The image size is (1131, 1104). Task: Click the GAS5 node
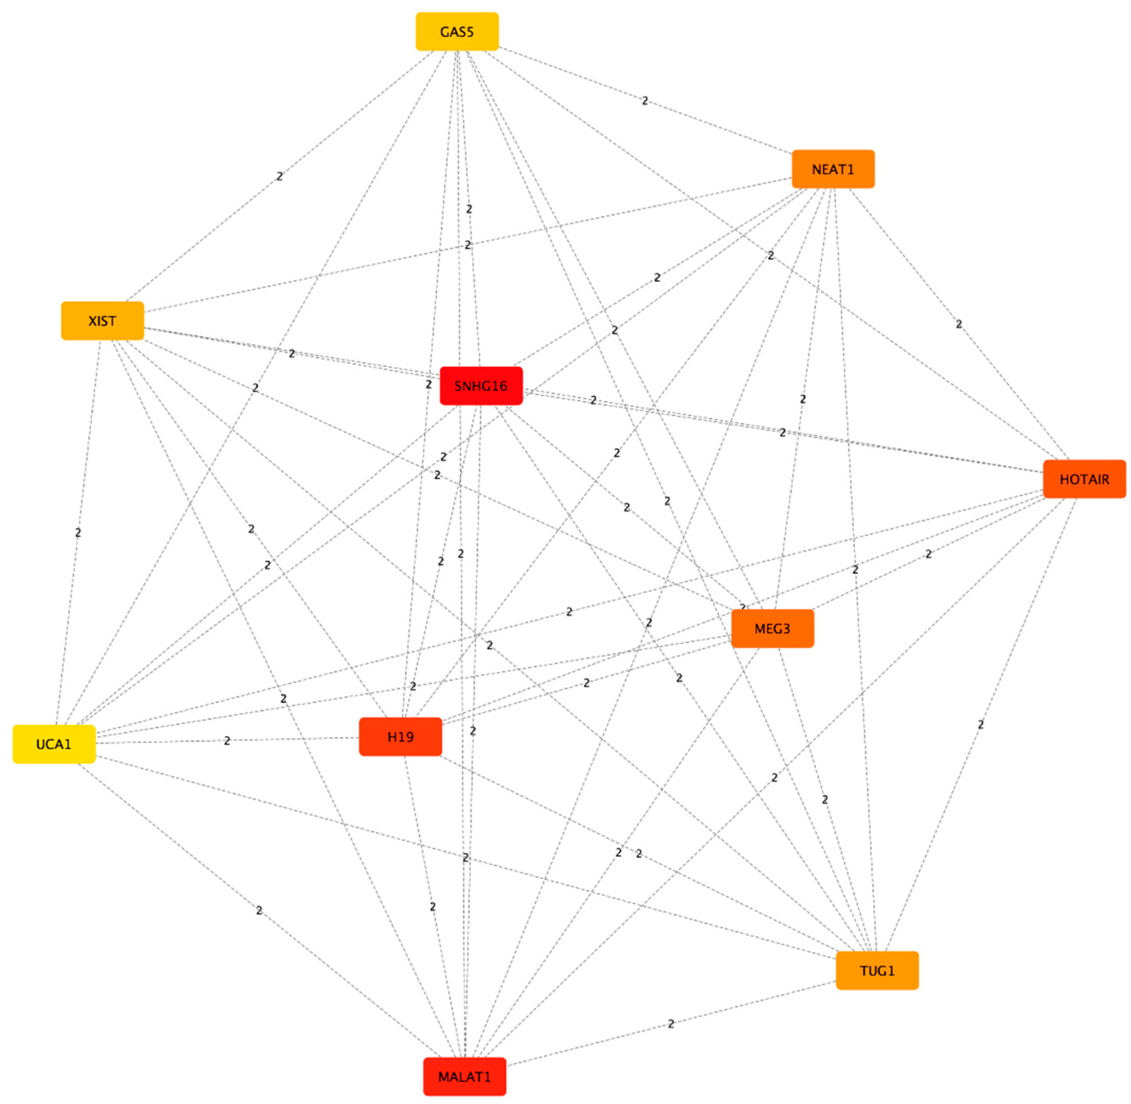click(x=457, y=31)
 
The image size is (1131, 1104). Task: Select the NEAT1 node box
click(x=833, y=169)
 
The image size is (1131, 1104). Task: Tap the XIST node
click(x=102, y=321)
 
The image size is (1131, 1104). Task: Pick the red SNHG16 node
click(x=481, y=386)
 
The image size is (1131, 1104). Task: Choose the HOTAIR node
click(x=1084, y=479)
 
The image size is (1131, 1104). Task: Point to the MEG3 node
click(x=772, y=629)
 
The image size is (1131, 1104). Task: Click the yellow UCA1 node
click(x=54, y=744)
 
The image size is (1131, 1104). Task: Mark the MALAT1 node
click(x=465, y=1077)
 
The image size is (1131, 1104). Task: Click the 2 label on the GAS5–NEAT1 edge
click(x=645, y=101)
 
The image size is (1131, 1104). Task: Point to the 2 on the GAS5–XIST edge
click(x=280, y=176)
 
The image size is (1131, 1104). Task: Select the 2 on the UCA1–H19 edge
click(x=227, y=741)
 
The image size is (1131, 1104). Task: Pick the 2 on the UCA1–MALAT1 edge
click(x=259, y=910)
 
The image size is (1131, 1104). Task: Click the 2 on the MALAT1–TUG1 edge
click(x=671, y=1024)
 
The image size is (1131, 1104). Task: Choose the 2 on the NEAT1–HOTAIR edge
click(x=959, y=324)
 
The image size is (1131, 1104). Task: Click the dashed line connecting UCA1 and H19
click(x=290, y=739)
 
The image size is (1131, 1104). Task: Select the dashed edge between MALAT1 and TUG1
click(x=754, y=1004)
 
